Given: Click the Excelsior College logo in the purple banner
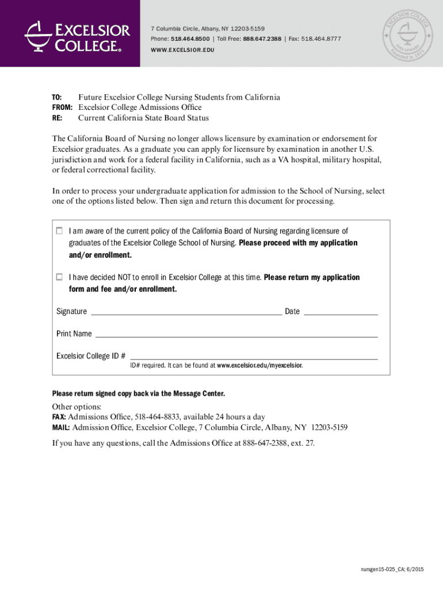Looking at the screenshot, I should [74, 36].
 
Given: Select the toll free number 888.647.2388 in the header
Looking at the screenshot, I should [262, 39].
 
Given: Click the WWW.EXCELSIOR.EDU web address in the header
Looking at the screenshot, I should [182, 50].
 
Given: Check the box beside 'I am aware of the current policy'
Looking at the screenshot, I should [59, 231].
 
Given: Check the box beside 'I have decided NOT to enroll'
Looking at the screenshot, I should [59, 277].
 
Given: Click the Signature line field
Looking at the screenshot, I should [186, 312].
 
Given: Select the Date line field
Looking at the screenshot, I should [340, 312].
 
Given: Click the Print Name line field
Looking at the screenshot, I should [236, 334].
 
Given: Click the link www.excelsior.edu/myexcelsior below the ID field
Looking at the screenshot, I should [259, 365].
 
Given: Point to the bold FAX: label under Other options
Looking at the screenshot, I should [59, 417].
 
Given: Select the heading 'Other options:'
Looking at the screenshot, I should [77, 407].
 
